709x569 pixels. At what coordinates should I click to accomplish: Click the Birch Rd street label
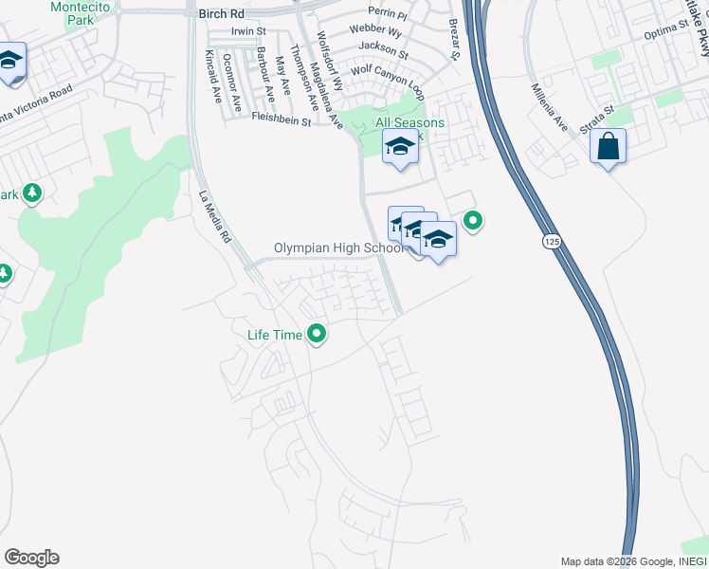(x=223, y=14)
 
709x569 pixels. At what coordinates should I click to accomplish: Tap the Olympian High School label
(x=338, y=248)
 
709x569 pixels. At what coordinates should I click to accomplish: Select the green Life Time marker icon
(x=318, y=334)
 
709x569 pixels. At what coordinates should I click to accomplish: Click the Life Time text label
(x=274, y=335)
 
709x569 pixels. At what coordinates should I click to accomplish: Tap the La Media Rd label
(x=215, y=218)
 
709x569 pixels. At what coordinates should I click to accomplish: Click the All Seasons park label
(x=409, y=122)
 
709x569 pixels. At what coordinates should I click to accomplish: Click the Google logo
(x=31, y=558)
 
